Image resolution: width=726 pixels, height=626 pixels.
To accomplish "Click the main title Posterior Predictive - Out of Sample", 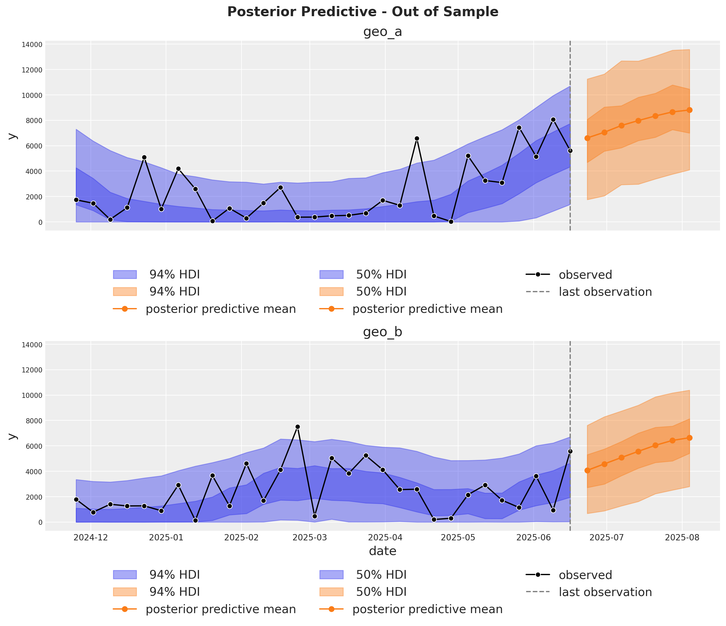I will pyautogui.click(x=363, y=12).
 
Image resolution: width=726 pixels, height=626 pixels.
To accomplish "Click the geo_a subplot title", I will pyautogui.click(x=383, y=32).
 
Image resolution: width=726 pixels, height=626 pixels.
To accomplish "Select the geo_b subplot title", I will pyautogui.click(x=383, y=332).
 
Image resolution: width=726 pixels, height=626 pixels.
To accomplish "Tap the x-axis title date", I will pyautogui.click(x=383, y=551).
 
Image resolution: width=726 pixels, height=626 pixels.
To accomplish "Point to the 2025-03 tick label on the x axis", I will pyautogui.click(x=310, y=537).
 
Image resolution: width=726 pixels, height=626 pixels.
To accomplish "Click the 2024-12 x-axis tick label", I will pyautogui.click(x=91, y=537).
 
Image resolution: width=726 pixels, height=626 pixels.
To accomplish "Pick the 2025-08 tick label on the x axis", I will pyautogui.click(x=682, y=537).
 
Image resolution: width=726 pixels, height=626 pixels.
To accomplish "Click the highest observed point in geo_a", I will pyautogui.click(x=553, y=120).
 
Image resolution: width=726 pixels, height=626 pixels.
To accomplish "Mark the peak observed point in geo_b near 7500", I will pyautogui.click(x=298, y=427).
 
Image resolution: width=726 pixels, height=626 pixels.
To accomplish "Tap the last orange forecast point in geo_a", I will pyautogui.click(x=689, y=110).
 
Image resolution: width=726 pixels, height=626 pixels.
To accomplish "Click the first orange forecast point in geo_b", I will pyautogui.click(x=587, y=471).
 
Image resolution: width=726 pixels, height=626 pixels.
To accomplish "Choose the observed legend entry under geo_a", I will pyautogui.click(x=585, y=275).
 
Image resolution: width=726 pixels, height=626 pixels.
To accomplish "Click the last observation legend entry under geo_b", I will pyautogui.click(x=605, y=592).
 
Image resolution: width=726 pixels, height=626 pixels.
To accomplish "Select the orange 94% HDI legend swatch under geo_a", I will pyautogui.click(x=125, y=292).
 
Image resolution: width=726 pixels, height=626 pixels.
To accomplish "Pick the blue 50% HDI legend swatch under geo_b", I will pyautogui.click(x=331, y=575).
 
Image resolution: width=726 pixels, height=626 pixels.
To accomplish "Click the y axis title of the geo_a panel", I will pyautogui.click(x=12, y=136).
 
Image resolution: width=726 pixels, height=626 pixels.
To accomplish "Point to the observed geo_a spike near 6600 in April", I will pyautogui.click(x=416, y=139).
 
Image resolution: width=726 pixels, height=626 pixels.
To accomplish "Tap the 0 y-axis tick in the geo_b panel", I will pyautogui.click(x=40, y=522).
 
